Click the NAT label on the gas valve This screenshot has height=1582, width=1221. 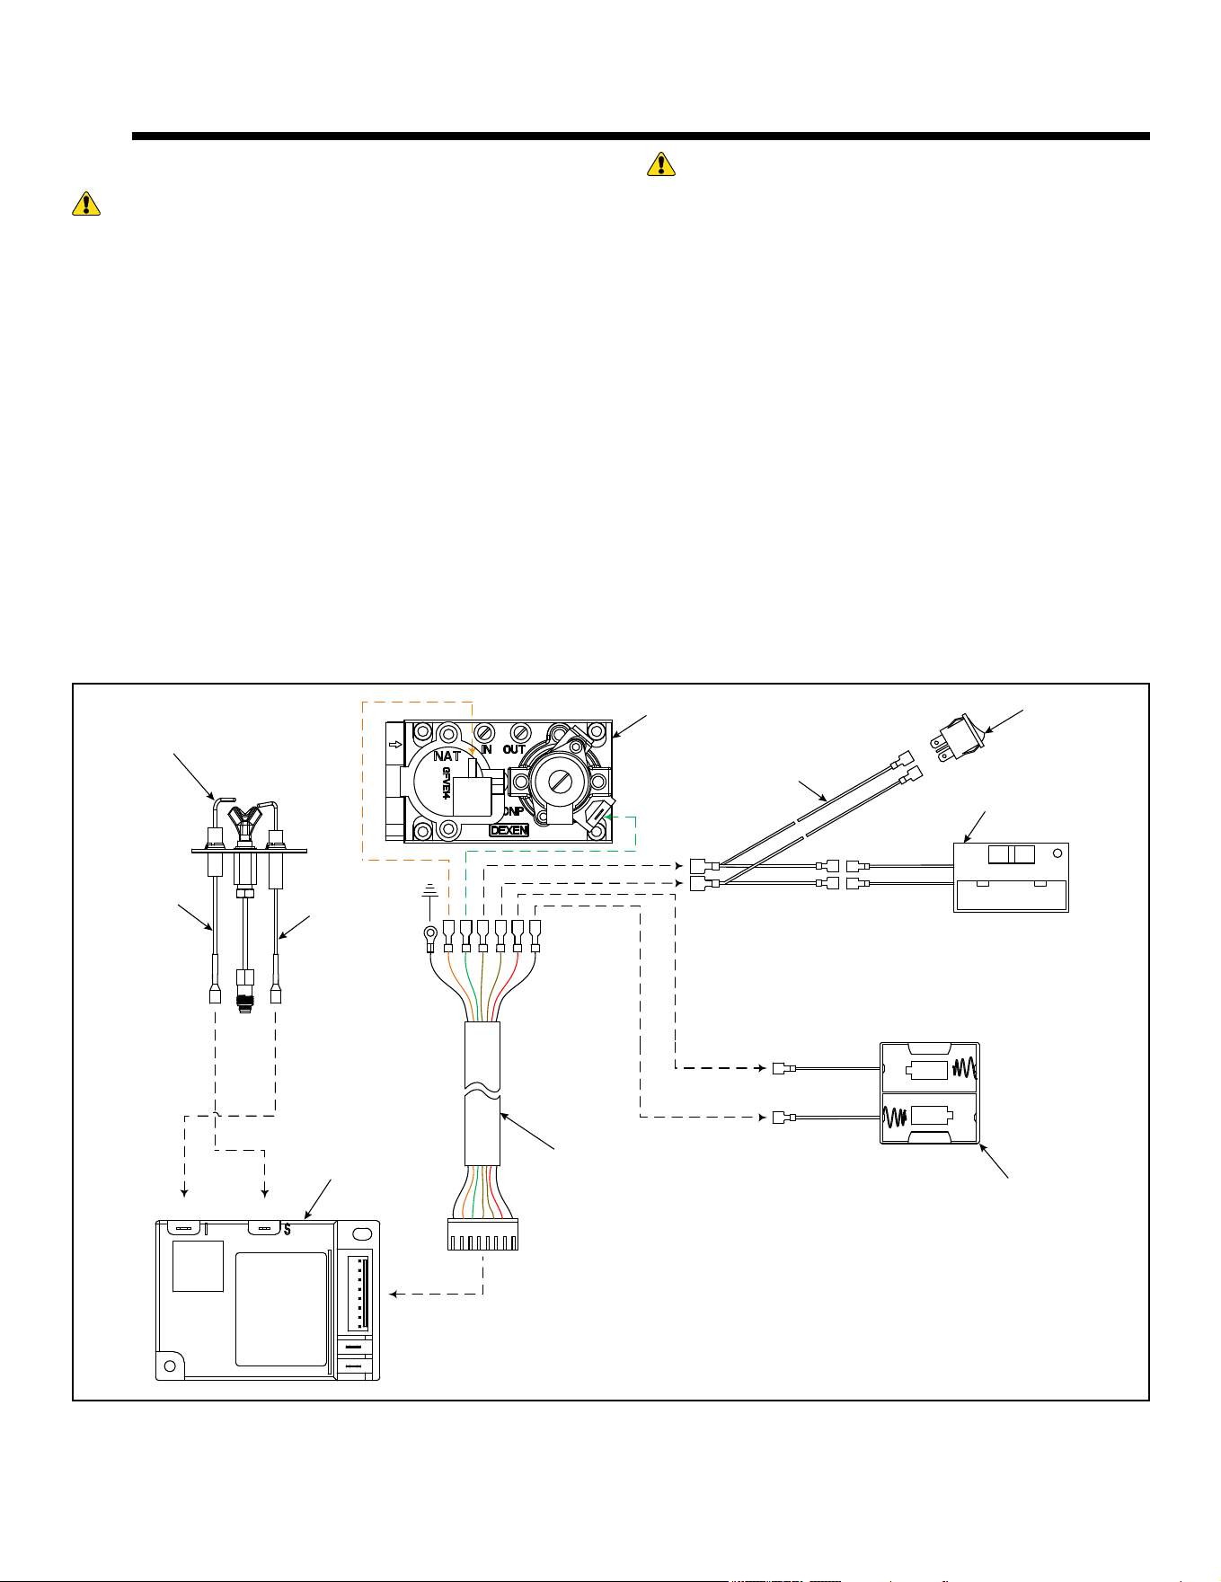pyautogui.click(x=447, y=756)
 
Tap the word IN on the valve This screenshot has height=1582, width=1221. pyautogui.click(x=486, y=749)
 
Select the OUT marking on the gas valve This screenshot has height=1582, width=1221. pyautogui.click(x=514, y=749)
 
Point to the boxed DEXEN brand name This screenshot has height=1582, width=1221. pyautogui.click(x=509, y=831)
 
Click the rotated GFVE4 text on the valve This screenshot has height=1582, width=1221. pyautogui.click(x=447, y=782)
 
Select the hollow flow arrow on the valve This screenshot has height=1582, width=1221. pyautogui.click(x=394, y=745)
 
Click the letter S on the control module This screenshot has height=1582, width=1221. pyautogui.click(x=287, y=1230)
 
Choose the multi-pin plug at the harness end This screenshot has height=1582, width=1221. pyautogui.click(x=482, y=1234)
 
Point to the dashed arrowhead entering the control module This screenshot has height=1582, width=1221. pyautogui.click(x=394, y=1295)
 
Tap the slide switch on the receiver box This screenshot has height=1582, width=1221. pyautogui.click(x=1011, y=854)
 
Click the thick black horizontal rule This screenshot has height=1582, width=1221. pyautogui.click(x=641, y=137)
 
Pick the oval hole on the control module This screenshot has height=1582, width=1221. pyautogui.click(x=361, y=1234)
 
